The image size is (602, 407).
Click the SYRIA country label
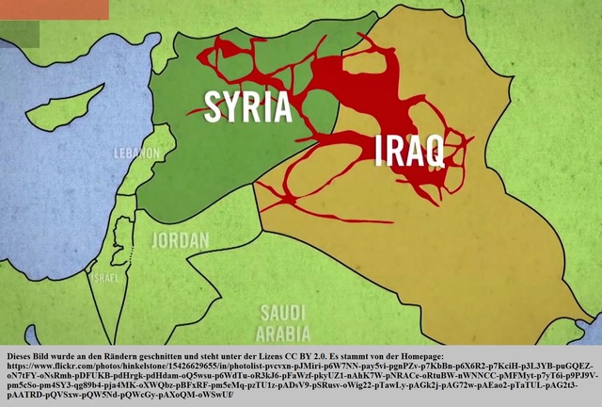248,106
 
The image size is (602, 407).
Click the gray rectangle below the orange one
20,34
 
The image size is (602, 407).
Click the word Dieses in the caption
21,356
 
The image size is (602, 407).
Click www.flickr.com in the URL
62,366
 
